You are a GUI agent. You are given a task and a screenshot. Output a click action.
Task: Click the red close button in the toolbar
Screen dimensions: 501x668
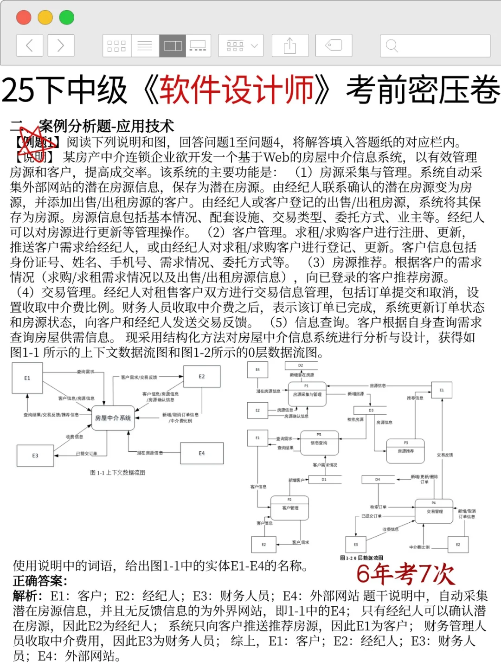coord(24,18)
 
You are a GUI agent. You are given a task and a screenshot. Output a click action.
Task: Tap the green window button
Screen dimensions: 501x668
coord(67,18)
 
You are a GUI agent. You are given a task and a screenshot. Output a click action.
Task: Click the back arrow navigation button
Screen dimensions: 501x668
coord(30,45)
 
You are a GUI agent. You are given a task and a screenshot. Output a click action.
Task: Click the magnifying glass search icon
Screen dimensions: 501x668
coord(392,45)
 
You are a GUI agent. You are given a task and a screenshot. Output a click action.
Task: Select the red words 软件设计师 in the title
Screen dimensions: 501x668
coord(237,90)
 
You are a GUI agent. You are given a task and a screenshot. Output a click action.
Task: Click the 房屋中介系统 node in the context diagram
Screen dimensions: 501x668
coord(113,418)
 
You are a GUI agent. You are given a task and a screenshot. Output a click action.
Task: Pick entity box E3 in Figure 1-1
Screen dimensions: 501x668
coord(35,456)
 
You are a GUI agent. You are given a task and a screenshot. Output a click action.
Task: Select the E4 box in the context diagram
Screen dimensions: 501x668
coord(202,453)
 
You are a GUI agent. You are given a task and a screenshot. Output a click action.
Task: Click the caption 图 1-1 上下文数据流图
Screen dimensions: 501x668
coord(117,473)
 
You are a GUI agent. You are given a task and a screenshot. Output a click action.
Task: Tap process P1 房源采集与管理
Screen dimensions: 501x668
coord(307,394)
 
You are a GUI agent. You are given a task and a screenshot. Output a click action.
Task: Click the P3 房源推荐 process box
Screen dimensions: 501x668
coord(405,450)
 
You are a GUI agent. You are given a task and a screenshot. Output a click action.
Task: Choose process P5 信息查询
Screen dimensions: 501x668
coord(319,443)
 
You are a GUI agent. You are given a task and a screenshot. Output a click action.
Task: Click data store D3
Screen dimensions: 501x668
coord(371,411)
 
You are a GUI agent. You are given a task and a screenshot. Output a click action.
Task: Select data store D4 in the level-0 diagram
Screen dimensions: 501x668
coord(378,479)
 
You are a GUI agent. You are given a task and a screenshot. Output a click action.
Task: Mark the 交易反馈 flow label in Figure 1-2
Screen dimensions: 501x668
coord(444,455)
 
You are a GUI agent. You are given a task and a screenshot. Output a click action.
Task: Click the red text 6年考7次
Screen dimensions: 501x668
coord(405,574)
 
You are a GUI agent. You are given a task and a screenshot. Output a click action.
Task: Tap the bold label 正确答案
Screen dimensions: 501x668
coord(40,581)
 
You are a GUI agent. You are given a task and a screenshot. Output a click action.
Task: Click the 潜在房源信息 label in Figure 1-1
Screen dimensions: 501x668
coord(150,453)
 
